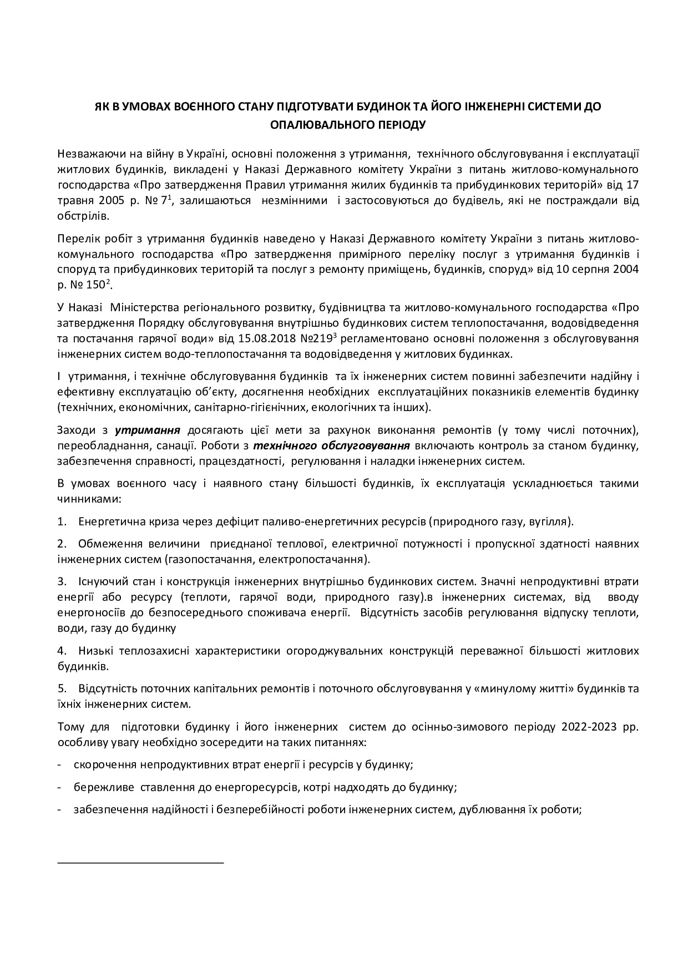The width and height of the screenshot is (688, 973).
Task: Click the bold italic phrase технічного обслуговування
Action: click(x=331, y=445)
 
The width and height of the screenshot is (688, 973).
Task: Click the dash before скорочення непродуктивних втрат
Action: click(x=59, y=765)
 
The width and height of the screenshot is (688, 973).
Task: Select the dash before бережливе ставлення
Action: click(x=59, y=787)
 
